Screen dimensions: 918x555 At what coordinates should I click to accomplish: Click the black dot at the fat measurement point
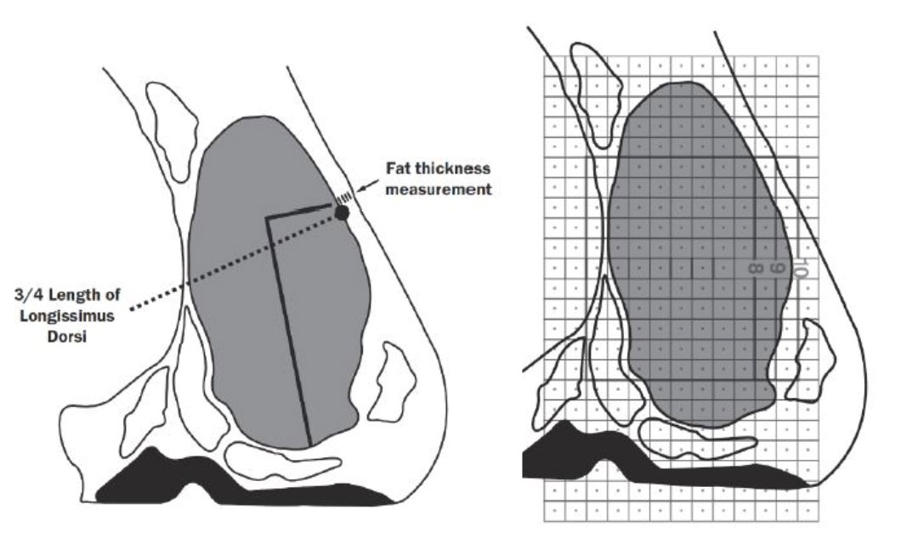[x=342, y=212]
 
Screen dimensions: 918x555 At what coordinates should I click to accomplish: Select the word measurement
[x=439, y=190]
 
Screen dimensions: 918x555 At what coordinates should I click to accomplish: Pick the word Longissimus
[x=67, y=316]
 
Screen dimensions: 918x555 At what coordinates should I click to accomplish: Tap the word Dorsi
[x=67, y=337]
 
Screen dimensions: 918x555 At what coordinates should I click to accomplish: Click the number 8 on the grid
[x=756, y=269]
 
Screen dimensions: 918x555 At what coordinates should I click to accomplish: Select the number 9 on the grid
[x=776, y=268]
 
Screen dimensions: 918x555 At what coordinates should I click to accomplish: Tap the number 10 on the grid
[x=802, y=269]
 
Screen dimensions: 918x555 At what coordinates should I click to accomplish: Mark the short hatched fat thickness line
[x=343, y=197]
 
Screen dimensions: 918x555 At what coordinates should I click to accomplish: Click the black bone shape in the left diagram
[x=235, y=486]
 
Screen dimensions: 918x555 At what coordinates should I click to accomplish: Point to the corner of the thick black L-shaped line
[x=268, y=218]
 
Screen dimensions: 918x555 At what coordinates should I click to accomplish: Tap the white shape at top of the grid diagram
[x=594, y=93]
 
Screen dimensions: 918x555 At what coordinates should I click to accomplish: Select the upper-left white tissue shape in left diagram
[x=172, y=129]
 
